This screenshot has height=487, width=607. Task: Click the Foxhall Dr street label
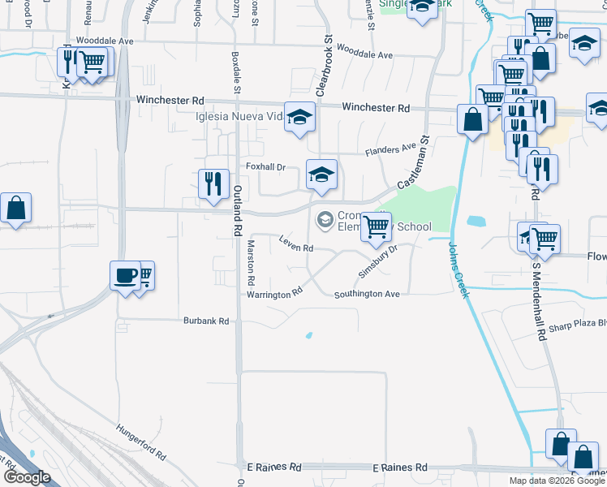266,167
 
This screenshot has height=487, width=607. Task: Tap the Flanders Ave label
390,150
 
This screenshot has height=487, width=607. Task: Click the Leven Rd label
296,244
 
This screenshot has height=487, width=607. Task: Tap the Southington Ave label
368,294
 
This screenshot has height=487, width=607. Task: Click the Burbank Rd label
206,321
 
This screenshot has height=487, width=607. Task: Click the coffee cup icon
125,276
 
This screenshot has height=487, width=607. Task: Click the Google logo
26,477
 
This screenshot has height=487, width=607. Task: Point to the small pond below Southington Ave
308,335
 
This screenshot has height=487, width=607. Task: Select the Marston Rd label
252,263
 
